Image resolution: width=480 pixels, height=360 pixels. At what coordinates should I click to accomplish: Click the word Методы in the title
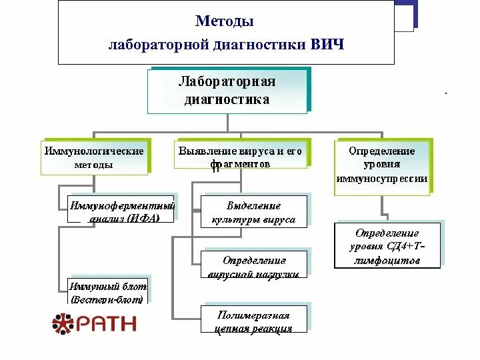tap(225, 21)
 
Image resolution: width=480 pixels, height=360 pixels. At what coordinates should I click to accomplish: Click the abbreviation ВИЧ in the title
tap(327, 45)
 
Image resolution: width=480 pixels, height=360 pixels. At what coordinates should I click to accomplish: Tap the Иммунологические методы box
tap(94, 158)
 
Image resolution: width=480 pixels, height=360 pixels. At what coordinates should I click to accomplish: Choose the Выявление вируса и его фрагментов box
tap(241, 158)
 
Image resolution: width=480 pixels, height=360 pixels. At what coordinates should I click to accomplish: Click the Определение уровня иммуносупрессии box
tap(382, 166)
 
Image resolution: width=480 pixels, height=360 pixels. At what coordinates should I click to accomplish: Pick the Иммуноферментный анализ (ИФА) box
tap(122, 208)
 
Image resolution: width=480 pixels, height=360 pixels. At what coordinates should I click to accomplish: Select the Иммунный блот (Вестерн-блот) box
tap(107, 293)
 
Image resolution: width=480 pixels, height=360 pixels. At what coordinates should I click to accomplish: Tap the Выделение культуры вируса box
tap(253, 212)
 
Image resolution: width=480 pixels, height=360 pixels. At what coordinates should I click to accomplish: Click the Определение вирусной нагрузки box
tap(255, 265)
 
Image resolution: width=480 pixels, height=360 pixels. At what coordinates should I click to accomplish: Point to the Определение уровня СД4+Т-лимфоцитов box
tap(387, 246)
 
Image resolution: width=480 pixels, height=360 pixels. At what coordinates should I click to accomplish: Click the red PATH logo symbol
tap(64, 323)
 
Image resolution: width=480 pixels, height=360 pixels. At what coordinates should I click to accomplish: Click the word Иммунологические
tap(94, 151)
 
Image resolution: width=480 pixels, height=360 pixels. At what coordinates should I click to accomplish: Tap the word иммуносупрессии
tap(382, 179)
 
